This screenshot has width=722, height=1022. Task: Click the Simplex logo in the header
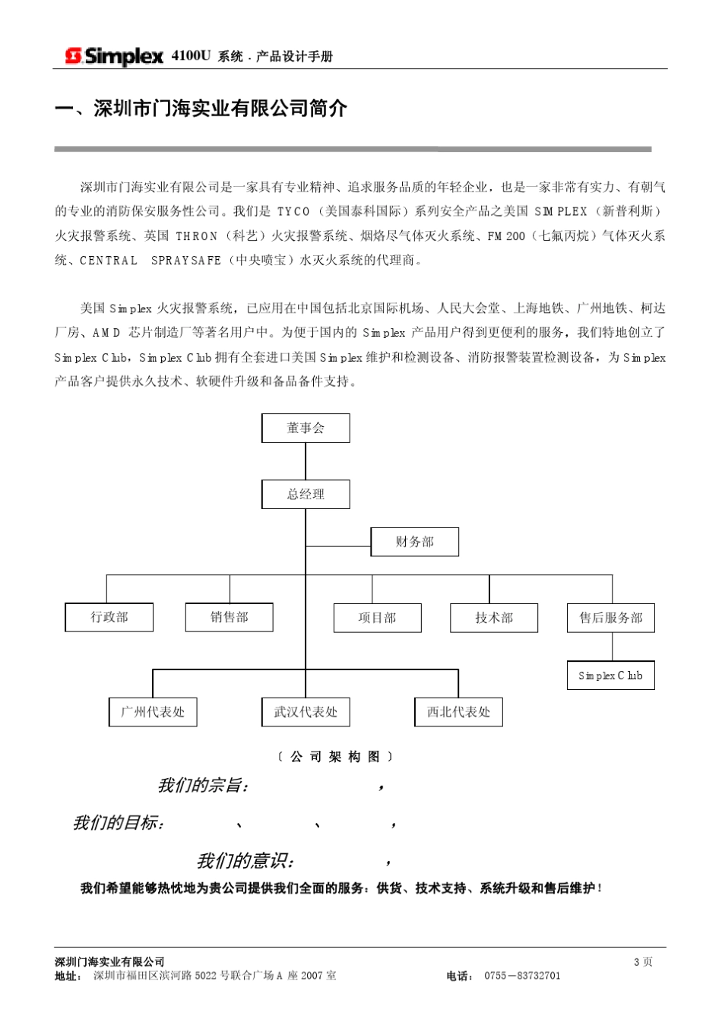pos(114,56)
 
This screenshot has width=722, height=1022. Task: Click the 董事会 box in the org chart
pos(306,428)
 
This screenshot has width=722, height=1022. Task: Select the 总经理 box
pos(306,494)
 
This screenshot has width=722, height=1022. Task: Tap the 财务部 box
pos(414,542)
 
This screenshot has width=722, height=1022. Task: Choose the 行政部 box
pos(109,617)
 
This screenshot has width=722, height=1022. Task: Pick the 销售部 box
pos(229,617)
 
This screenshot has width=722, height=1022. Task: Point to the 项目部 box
pos(377,618)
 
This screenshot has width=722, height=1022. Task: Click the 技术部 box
pos(494,618)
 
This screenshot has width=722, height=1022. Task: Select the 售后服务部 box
pos(610,618)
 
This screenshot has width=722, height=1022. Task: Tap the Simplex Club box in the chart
pos(610,676)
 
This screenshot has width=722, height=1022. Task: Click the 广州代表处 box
pos(153,712)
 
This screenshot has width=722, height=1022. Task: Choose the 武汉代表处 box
pos(306,712)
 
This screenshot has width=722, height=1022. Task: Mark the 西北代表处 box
pos(458,712)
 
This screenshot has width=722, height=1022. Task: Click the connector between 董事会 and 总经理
pos(306,461)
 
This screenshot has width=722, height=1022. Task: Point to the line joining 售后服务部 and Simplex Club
pos(612,647)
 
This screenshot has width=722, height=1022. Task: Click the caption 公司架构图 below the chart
pos(335,757)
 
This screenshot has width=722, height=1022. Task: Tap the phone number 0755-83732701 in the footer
pos(522,976)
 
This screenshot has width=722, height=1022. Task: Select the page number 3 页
pos(643,962)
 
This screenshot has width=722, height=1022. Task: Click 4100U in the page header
pos(190,56)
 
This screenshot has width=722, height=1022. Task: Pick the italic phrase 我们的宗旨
pos(202,786)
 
